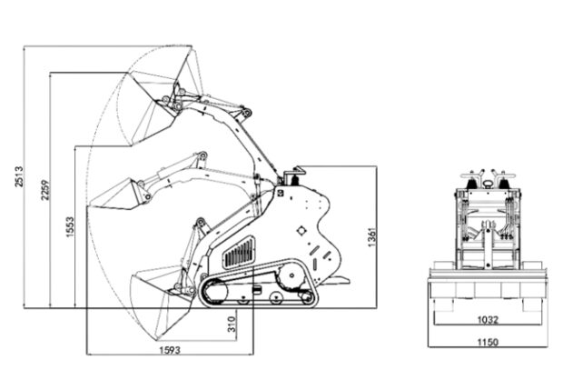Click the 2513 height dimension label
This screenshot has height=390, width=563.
[19, 176]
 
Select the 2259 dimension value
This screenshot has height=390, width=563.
[44, 190]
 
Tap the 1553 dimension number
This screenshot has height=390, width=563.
[70, 226]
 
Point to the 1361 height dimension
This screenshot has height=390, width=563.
[372, 237]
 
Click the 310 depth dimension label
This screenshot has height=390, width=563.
[232, 324]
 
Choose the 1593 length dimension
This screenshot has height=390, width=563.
[170, 349]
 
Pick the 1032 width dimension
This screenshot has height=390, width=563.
[488, 319]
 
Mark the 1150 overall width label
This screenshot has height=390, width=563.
[488, 342]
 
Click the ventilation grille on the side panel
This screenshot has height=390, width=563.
[239, 253]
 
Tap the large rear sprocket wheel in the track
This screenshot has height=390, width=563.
[291, 275]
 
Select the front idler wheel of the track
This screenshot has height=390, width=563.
[214, 291]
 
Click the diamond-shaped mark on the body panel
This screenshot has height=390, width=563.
[301, 231]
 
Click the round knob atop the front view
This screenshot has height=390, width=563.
[488, 184]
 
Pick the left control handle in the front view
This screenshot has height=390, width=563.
[471, 178]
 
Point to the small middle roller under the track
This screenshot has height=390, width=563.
[275, 297]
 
